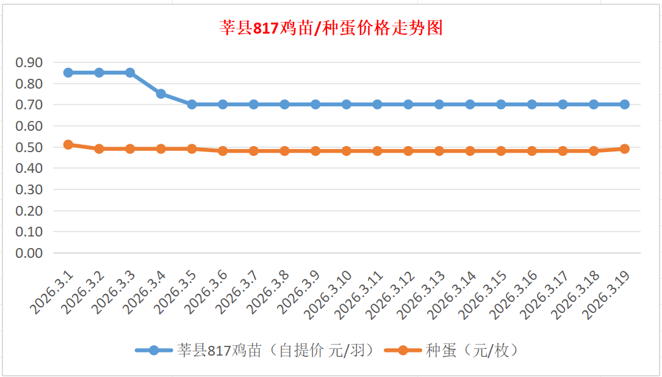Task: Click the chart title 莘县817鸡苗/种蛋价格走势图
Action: click(331, 28)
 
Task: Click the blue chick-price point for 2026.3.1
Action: click(68, 73)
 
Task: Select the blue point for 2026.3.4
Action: click(161, 93)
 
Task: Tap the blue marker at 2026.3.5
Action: click(192, 104)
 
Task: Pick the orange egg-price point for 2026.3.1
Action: click(68, 145)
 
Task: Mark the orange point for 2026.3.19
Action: click(625, 148)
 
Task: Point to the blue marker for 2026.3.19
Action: click(625, 104)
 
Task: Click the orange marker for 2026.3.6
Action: click(223, 151)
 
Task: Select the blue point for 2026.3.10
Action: click(347, 104)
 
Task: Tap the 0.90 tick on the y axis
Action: click(29, 62)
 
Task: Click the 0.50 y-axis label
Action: click(29, 147)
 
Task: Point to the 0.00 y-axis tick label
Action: click(29, 253)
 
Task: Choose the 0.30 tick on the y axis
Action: click(29, 189)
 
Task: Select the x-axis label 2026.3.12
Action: click(391, 295)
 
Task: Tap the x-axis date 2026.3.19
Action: click(608, 295)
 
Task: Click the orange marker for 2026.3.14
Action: click(470, 151)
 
